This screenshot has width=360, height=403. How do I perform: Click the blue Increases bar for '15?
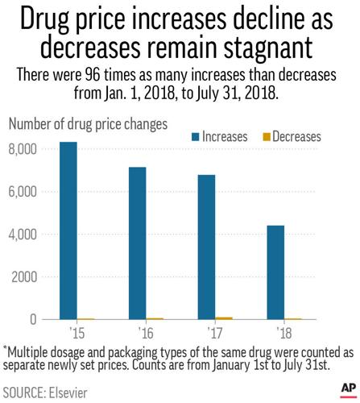[68, 231]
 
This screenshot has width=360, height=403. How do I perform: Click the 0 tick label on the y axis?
[32, 319]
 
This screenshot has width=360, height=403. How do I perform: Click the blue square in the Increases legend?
[196, 137]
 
